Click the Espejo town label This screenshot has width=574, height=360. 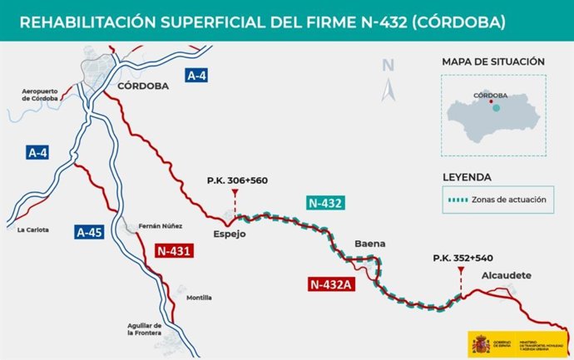[230, 234]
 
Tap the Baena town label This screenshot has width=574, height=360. [369, 244]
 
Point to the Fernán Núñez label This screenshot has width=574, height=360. [160, 226]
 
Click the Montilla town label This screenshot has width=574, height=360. [199, 298]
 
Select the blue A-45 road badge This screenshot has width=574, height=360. [89, 233]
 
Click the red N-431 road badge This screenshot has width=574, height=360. [174, 249]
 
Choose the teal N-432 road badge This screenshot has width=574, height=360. [325, 203]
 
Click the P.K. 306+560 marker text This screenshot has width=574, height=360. [237, 180]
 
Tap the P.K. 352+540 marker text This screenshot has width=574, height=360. [463, 259]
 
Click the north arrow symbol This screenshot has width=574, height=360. [388, 80]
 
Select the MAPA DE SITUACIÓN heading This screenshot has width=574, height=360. [493, 62]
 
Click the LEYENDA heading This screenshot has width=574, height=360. [467, 177]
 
